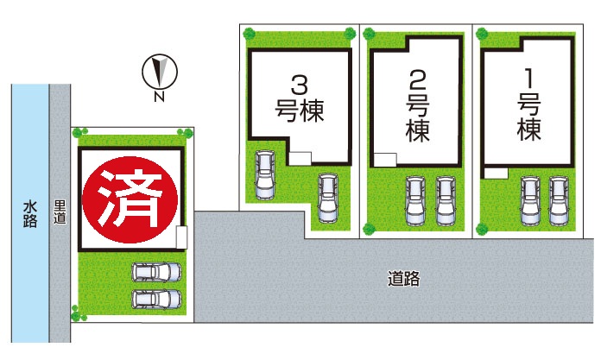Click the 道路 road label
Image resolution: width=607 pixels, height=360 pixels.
pyautogui.click(x=403, y=279)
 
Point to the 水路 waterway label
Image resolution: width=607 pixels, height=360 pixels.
pyautogui.click(x=30, y=212)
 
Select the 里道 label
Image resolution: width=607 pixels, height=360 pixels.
pyautogui.click(x=60, y=212)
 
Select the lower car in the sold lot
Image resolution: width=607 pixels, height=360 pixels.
pyautogui.click(x=156, y=300)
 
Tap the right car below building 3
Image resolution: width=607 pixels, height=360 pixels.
pyautogui.click(x=327, y=198)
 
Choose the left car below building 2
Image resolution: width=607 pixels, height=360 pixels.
pyautogui.click(x=416, y=199)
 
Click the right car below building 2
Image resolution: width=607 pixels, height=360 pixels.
pyautogui.click(x=445, y=199)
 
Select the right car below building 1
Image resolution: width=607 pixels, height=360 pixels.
pyautogui.click(x=559, y=199)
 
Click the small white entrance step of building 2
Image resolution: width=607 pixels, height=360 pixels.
pyautogui.click(x=385, y=159)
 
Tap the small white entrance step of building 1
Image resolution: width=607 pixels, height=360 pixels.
pyautogui.click(x=496, y=173)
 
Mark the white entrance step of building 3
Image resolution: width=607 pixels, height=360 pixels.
pyautogui.click(x=300, y=157)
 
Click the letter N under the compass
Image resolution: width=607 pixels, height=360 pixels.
pyautogui.click(x=159, y=97)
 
